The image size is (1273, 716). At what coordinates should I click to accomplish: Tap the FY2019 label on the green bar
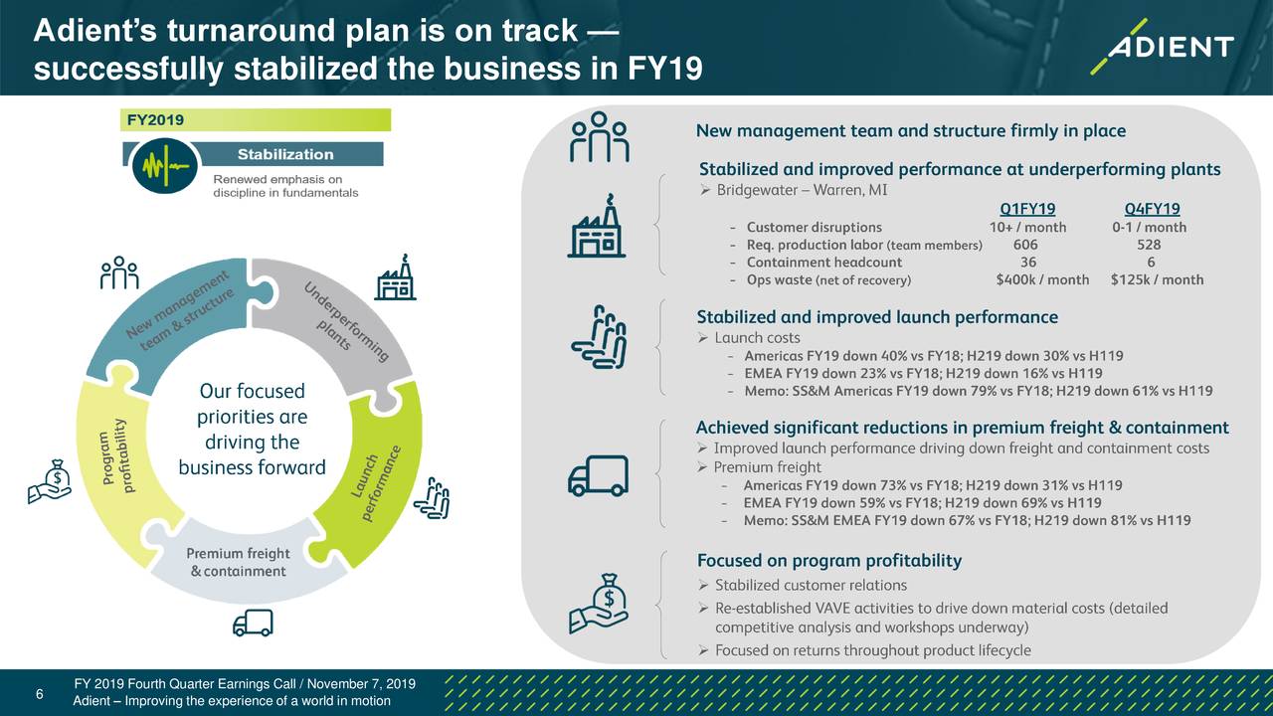[x=155, y=120]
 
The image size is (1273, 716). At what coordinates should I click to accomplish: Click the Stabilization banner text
[x=285, y=154]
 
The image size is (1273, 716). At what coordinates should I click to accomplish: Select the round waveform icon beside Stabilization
[x=165, y=166]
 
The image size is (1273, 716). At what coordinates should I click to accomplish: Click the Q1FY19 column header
[x=1027, y=209]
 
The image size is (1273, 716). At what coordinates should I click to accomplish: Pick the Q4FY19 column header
[x=1152, y=209]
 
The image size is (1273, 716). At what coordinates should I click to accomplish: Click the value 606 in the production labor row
[x=1025, y=245]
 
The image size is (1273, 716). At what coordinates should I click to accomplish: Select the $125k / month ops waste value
[x=1157, y=279]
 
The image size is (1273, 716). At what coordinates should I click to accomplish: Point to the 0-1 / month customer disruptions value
[x=1149, y=227]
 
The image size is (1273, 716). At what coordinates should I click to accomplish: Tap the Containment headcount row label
[x=824, y=262]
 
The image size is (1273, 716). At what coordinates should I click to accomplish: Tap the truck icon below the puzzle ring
[x=253, y=623]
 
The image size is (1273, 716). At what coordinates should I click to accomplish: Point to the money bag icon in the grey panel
[x=599, y=603]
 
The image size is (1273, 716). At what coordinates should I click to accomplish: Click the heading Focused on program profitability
[x=829, y=560]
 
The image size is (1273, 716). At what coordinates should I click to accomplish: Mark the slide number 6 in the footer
[x=39, y=694]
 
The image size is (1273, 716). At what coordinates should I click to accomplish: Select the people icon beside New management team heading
[x=599, y=137]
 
